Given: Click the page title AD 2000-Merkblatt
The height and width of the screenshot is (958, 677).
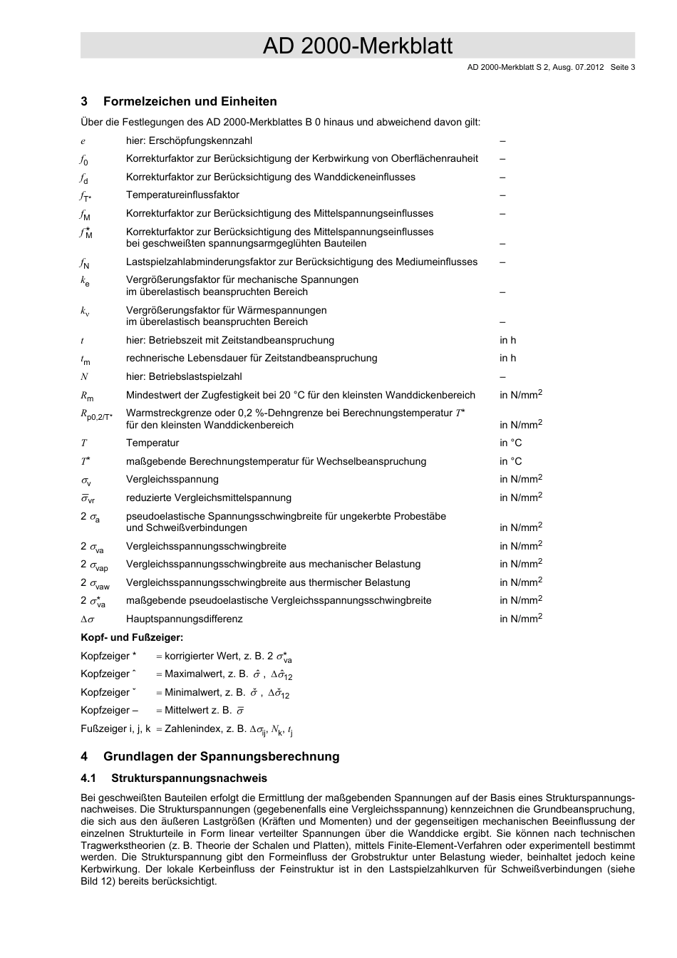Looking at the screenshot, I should coord(357,46).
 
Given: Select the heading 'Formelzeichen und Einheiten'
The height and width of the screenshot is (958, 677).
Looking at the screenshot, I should coord(190,101).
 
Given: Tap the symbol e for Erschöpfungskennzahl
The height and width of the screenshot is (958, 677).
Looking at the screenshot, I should coord(83,141).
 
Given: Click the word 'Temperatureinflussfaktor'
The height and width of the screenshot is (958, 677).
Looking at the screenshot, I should coord(182,195).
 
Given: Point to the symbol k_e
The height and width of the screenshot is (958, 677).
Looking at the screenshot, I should coord(85,282).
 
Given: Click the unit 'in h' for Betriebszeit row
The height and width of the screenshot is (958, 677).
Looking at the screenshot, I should coord(507,340).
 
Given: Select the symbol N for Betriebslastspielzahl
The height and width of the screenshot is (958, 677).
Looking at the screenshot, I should coord(84,376).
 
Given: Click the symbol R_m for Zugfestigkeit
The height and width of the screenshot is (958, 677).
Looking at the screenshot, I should coord(86,395).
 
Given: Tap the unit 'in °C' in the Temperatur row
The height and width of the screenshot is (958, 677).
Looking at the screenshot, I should coord(510,443).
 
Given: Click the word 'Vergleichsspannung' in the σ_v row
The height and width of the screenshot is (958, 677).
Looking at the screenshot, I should coord(172,479).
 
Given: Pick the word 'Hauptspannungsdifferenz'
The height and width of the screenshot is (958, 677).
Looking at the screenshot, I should coord(184,619).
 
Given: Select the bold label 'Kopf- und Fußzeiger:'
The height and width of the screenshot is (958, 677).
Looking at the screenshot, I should coord(132,637).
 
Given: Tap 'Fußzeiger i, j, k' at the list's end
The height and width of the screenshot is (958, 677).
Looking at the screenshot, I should coord(115,728).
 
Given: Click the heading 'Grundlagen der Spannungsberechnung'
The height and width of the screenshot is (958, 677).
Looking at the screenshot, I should coord(221,756).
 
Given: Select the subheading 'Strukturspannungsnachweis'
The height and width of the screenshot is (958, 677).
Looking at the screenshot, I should coord(185,778).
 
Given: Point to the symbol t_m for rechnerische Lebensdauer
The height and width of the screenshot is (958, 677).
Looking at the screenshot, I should coord(85,359).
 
